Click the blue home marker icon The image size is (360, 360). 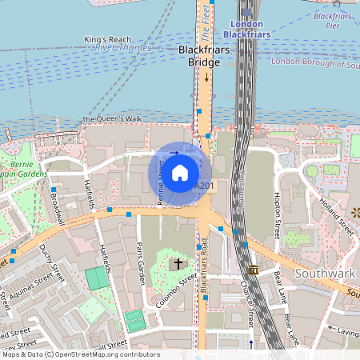[180, 172]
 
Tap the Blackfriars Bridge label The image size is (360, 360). [204, 55]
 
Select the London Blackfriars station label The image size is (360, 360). [241, 30]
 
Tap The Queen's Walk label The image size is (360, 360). [112, 120]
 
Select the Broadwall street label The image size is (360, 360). [57, 206]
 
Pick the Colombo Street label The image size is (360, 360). [178, 294]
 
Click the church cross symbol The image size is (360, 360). [178, 262]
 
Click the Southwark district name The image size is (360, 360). [325, 274]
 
